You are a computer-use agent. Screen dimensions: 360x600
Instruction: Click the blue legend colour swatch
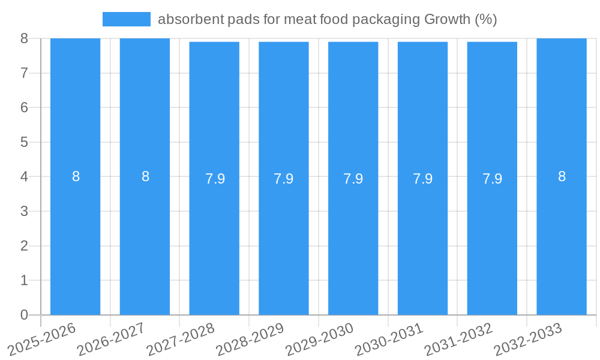[126, 19]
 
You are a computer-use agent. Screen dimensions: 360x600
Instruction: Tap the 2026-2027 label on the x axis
[111, 338]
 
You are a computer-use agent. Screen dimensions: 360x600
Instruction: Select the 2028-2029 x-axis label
[250, 338]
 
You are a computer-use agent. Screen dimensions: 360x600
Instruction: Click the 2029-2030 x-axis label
[320, 338]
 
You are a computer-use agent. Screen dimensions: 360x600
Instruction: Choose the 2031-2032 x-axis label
[459, 338]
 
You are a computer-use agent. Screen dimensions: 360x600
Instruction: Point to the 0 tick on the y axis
[24, 315]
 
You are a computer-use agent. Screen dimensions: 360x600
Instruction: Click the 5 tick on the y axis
[24, 142]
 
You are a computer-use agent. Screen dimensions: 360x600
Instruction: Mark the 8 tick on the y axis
[24, 38]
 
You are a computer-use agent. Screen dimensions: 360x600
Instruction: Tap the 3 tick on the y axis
[24, 211]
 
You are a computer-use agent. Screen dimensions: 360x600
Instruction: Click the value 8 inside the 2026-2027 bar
[145, 176]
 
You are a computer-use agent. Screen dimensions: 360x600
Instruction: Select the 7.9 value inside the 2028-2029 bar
[284, 179]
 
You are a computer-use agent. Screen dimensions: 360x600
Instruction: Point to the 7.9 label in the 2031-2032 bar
[492, 179]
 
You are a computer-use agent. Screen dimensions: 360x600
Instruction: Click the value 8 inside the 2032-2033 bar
[562, 176]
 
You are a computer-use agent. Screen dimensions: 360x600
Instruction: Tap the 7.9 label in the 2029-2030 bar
[353, 179]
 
